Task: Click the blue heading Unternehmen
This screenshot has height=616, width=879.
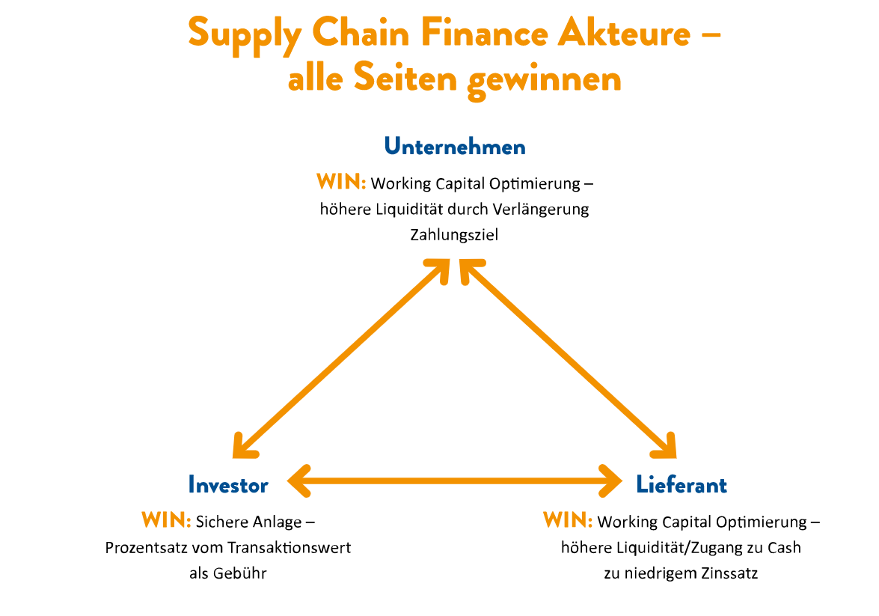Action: pyautogui.click(x=455, y=147)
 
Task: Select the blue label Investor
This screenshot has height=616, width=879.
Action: pyautogui.click(x=228, y=485)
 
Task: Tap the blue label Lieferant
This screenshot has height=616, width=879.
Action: pyautogui.click(x=681, y=485)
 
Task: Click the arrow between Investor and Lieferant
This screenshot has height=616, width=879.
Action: pyautogui.click(x=455, y=481)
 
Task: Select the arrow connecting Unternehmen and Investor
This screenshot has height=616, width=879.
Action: pyautogui.click(x=341, y=359)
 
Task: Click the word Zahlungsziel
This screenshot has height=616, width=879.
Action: pyautogui.click(x=454, y=234)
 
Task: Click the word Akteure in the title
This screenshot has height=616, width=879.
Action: pyautogui.click(x=624, y=34)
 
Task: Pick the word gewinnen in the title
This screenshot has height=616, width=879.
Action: pyautogui.click(x=545, y=79)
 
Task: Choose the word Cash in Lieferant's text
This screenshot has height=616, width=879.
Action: pyautogui.click(x=784, y=548)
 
